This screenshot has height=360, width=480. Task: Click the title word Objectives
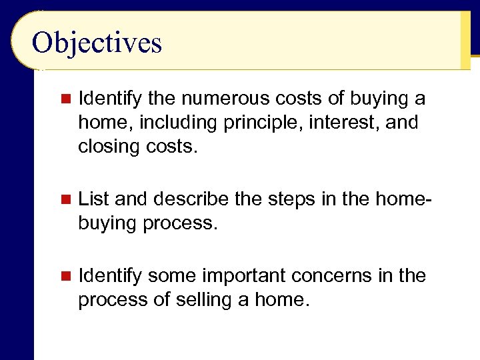(97, 43)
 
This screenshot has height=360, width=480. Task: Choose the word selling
(204, 300)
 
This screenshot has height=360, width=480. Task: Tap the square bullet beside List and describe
(65, 199)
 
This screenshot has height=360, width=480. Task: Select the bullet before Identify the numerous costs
(65, 99)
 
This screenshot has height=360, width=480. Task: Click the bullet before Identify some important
(65, 275)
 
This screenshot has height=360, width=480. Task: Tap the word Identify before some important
(109, 276)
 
